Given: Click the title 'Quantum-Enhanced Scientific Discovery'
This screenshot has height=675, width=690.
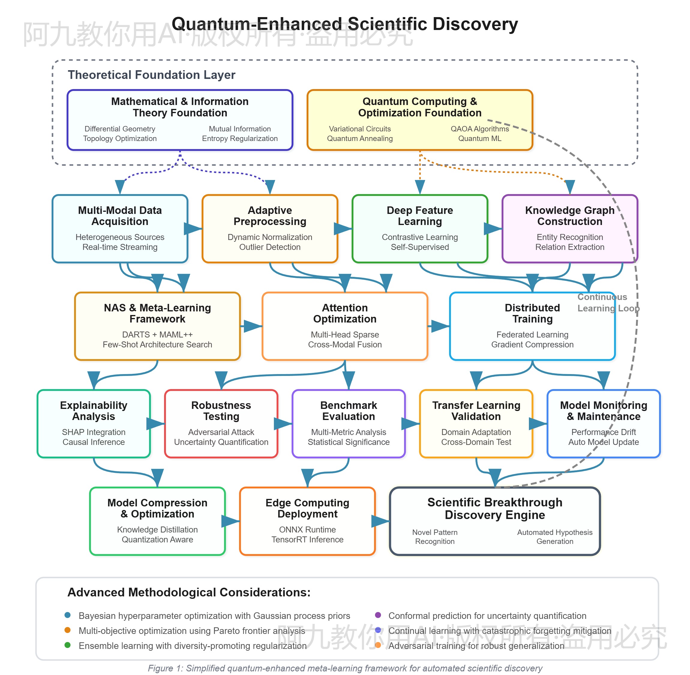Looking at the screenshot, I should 345,24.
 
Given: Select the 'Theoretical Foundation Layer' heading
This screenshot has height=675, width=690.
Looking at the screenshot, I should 151,75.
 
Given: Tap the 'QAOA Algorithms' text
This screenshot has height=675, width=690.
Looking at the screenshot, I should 479,129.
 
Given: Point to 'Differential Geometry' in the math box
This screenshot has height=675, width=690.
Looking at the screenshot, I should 120,129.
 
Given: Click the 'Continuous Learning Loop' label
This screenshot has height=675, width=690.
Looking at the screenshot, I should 608,302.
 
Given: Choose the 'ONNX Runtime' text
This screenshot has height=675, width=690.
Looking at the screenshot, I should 307,529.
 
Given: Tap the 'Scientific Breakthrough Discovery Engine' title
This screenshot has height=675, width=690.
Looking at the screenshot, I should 495,508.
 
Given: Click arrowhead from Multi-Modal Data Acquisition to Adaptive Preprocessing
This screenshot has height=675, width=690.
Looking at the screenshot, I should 193,229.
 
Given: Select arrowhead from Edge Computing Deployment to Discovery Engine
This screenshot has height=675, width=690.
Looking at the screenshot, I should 380,521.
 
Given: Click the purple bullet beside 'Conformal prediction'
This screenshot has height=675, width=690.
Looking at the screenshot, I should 378,615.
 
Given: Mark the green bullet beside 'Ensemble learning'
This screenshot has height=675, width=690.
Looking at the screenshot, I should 67,645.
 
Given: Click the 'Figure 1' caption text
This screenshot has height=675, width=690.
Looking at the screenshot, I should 345,668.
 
